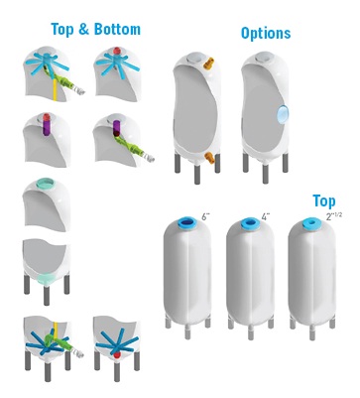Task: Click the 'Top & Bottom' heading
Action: (x=96, y=29)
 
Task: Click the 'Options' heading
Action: (x=266, y=33)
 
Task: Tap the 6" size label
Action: (x=205, y=217)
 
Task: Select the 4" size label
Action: (x=266, y=217)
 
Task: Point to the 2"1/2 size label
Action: (x=334, y=216)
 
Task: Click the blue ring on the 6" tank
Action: (x=187, y=222)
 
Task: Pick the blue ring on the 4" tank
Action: (x=250, y=223)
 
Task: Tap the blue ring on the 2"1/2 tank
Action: (x=311, y=223)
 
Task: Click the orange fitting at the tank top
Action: (x=209, y=63)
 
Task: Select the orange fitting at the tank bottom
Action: (x=209, y=157)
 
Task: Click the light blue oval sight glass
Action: (x=283, y=114)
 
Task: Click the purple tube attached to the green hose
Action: (x=116, y=128)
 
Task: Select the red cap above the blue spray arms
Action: (x=117, y=51)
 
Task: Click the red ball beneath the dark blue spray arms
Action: (x=117, y=355)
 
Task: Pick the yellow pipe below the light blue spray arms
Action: (x=55, y=86)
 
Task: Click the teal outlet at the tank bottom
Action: (x=47, y=279)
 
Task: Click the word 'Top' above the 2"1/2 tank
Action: (x=324, y=201)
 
